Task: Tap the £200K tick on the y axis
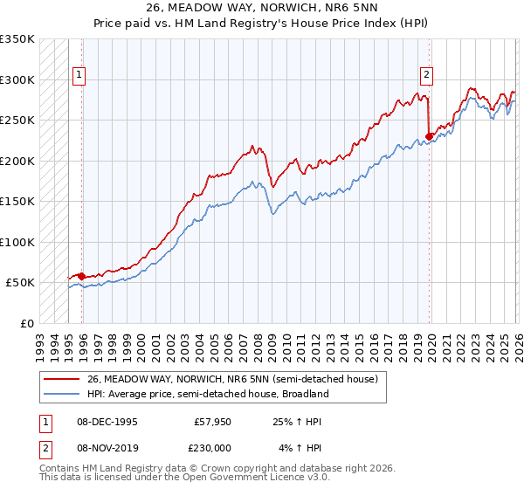[17, 161]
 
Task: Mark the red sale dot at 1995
[82, 276]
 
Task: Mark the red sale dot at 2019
[430, 136]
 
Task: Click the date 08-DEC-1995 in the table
[107, 421]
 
